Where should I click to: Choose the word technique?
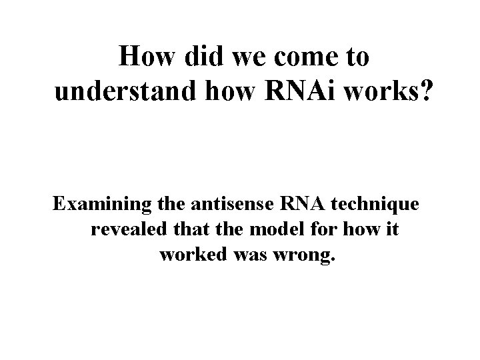pyautogui.click(x=375, y=205)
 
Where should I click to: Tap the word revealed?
pyautogui.click(x=127, y=230)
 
